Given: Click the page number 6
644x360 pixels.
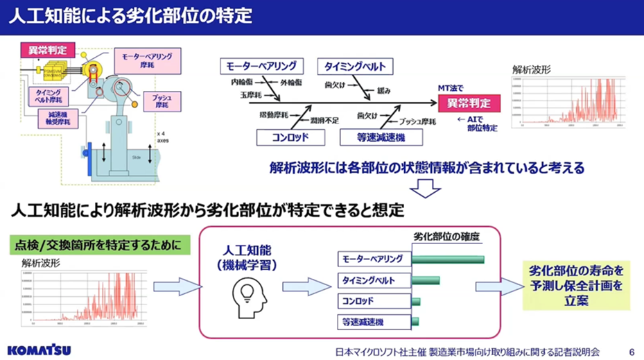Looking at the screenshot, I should pyautogui.click(x=631, y=351).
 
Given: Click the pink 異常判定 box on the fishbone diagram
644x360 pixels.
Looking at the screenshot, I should pyautogui.click(x=468, y=103).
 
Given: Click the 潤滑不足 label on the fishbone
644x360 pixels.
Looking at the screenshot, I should pyautogui.click(x=324, y=120).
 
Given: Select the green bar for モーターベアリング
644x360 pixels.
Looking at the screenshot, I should pyautogui.click(x=447, y=259).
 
